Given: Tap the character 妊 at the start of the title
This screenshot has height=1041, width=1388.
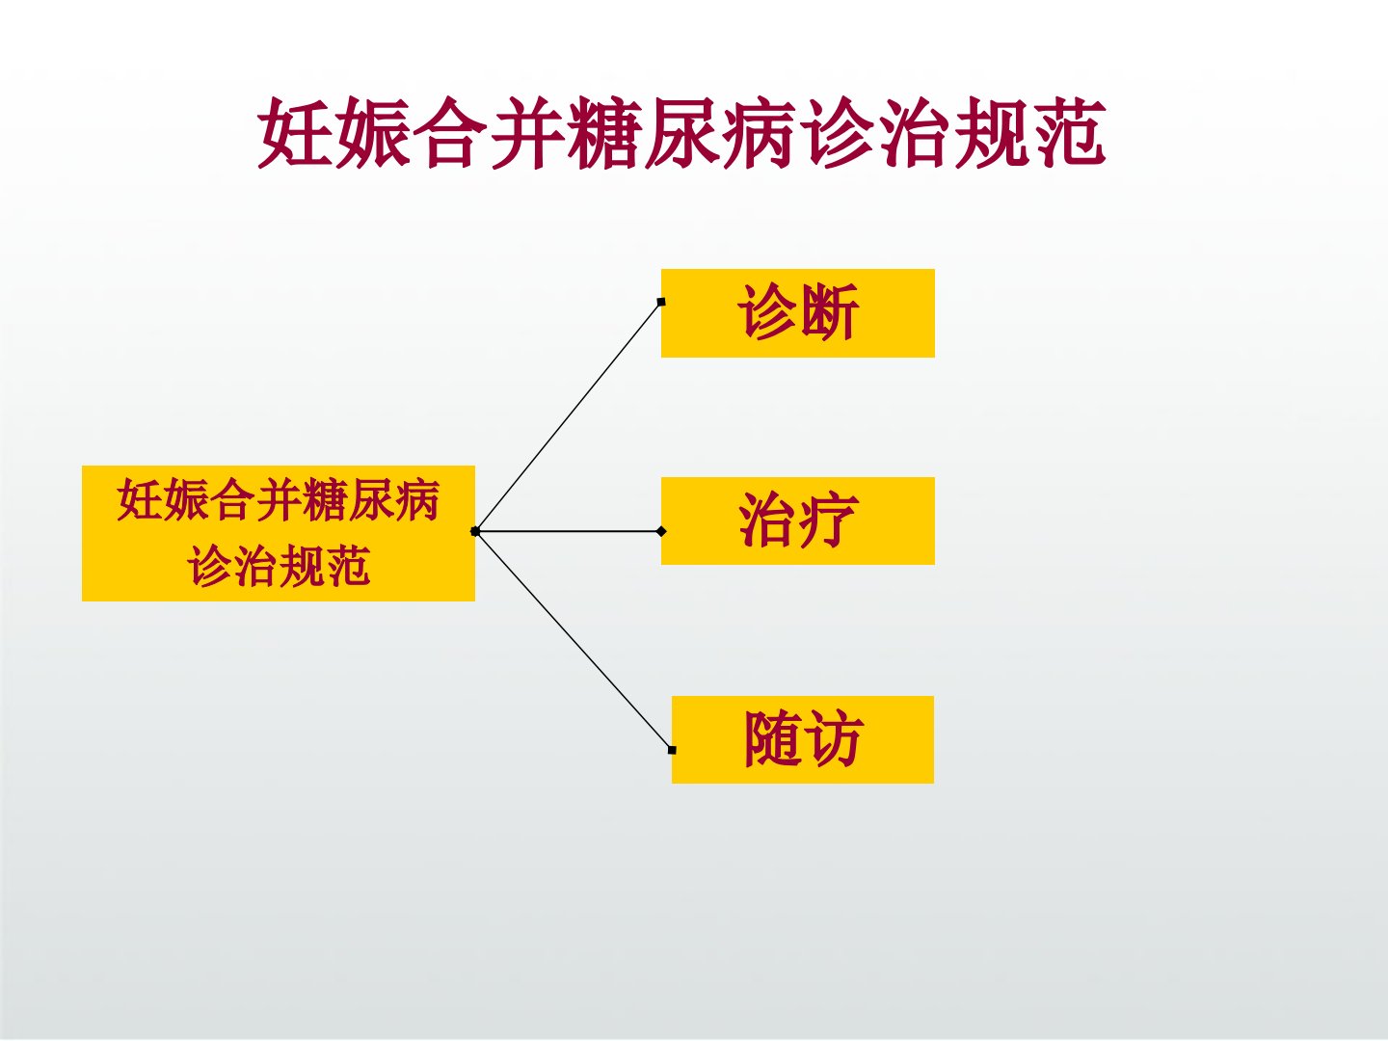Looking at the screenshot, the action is (295, 134).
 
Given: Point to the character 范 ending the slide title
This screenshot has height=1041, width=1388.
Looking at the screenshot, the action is (1068, 134).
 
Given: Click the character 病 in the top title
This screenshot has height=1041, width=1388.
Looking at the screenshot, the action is (759, 134).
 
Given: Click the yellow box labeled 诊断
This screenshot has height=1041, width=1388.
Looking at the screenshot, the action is (798, 313).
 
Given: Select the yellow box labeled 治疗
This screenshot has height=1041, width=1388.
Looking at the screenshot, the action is (798, 520).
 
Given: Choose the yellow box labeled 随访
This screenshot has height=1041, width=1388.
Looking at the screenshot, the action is (803, 739).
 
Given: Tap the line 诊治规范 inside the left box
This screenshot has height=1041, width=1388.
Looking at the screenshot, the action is (279, 566).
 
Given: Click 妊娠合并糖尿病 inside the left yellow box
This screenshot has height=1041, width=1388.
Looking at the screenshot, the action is (279, 500).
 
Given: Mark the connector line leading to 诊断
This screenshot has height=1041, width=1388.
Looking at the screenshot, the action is (568, 416).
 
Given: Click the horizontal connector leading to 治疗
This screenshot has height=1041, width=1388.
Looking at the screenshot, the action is (569, 531).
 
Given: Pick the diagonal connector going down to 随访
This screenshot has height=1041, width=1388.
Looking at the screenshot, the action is (574, 641).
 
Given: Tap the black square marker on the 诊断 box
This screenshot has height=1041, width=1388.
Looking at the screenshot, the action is (661, 302).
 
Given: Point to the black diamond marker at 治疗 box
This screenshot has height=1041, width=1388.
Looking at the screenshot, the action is (661, 531).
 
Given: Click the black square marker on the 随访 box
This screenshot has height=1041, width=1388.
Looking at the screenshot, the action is (672, 750).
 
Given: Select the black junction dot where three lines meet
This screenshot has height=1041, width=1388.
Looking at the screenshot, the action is (475, 531).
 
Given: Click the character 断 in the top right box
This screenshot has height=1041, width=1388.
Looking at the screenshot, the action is (829, 311).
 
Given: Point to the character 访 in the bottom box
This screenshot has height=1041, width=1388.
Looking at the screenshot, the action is (834, 738).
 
